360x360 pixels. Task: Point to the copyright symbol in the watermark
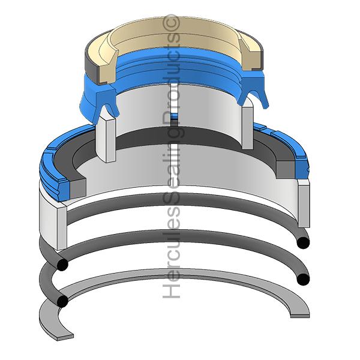tap(170, 23)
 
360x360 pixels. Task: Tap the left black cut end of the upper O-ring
tap(62, 265)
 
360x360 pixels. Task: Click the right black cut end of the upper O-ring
tap(303, 242)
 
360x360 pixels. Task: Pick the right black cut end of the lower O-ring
tap(303, 279)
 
